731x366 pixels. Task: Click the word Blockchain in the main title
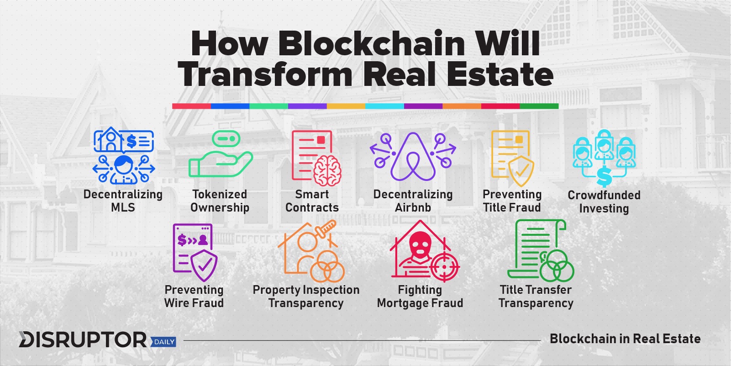371,44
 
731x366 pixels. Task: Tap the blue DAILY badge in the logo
163,341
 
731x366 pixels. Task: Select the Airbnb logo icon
413,157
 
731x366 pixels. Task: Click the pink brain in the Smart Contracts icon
327,171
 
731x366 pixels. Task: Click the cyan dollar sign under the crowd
604,176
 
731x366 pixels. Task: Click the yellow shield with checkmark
521,171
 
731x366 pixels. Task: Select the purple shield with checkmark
204,265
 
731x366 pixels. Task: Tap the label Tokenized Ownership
220,201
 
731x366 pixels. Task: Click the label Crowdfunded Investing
604,202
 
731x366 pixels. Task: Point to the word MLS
123,207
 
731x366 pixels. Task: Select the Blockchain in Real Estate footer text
625,339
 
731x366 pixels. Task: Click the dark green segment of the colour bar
539,106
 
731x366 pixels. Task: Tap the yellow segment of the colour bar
346,106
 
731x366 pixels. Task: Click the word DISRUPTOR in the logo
83,339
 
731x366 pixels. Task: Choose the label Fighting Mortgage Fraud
420,297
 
